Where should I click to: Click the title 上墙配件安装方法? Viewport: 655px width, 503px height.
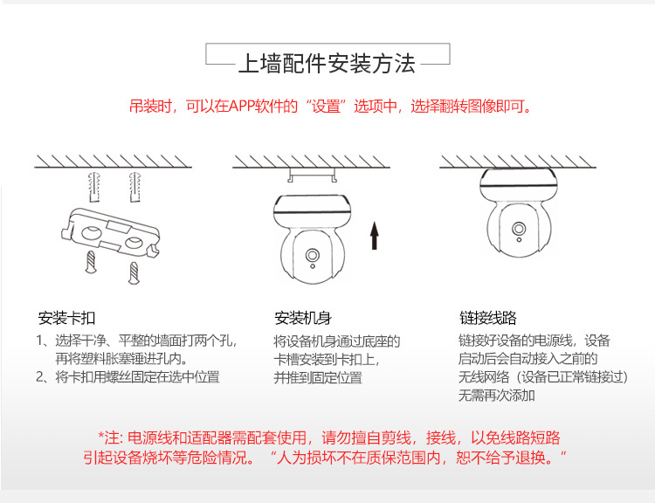tap(327, 64)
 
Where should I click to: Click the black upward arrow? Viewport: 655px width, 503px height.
tap(375, 235)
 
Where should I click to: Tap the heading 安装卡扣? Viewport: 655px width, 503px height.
tap(67, 318)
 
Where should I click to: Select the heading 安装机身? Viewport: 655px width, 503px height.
tap(303, 318)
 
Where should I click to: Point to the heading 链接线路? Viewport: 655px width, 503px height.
tap(488, 318)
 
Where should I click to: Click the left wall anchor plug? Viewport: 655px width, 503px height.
tap(94, 187)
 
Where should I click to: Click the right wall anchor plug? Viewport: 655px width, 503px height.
tap(134, 187)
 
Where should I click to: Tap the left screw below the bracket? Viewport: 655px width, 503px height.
tap(91, 262)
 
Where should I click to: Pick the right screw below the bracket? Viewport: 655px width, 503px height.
tap(134, 272)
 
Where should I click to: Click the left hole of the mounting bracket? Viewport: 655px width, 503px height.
tap(92, 232)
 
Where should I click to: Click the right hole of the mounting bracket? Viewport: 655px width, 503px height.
tap(134, 242)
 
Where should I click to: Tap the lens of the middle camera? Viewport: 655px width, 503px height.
tap(312, 255)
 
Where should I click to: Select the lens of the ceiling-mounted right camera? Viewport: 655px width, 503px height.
tap(519, 229)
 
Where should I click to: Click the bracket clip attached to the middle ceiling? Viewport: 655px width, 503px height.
tap(312, 175)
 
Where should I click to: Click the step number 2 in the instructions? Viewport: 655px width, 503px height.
tap(39, 377)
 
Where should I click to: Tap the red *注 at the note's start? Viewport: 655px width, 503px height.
tap(108, 438)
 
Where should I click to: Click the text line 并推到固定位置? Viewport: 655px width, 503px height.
tap(318, 377)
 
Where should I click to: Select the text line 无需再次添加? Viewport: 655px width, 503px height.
tap(496, 396)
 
